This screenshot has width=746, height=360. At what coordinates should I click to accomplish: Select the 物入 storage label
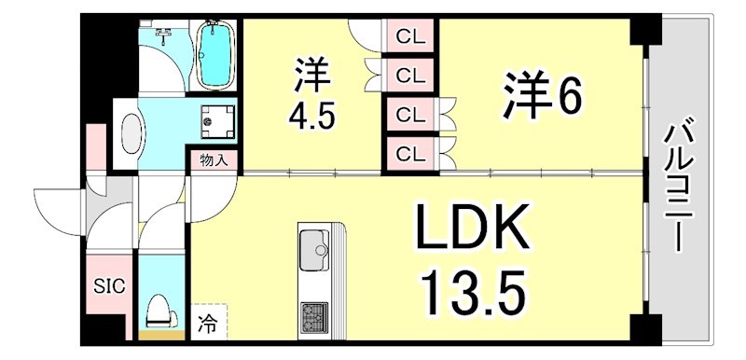point(214,159)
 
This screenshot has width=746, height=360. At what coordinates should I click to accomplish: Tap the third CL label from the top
point(408,115)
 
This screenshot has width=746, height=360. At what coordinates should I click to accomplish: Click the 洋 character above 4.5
point(310,75)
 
